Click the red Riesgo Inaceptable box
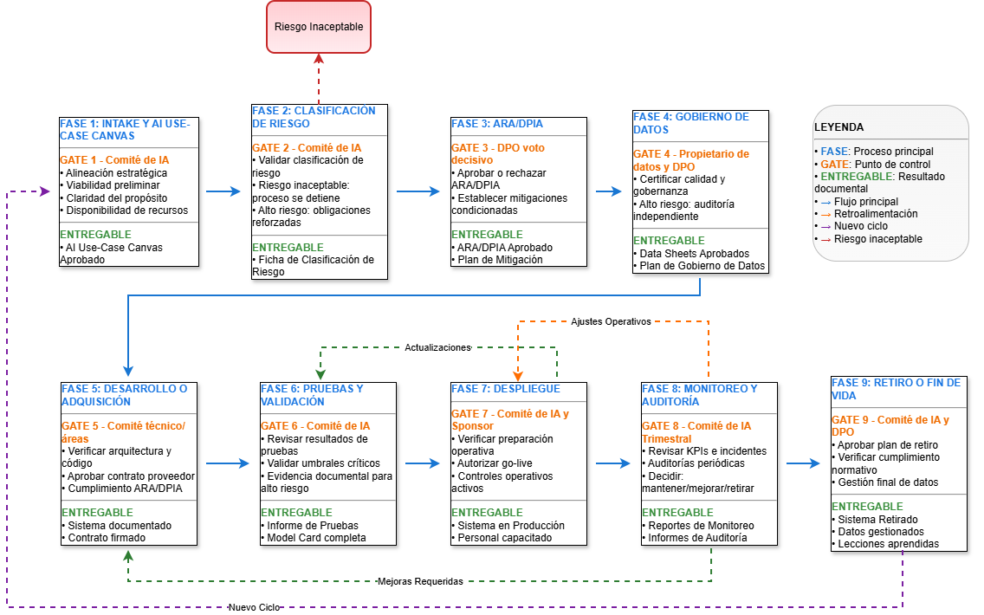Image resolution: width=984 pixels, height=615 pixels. [319, 27]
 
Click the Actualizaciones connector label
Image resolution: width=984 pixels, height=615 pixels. [437, 347]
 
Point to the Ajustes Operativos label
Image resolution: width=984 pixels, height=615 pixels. [611, 321]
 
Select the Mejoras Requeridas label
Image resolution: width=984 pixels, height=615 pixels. [420, 581]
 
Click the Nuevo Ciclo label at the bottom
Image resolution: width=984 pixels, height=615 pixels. [254, 607]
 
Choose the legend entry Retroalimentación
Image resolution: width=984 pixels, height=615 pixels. [876, 214]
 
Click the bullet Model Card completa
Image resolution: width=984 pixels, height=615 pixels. [316, 537]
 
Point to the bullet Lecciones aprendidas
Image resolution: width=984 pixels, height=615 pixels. [889, 544]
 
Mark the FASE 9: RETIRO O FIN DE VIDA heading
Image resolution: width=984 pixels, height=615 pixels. [896, 389]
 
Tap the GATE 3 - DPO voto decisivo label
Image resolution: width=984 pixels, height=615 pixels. [498, 153]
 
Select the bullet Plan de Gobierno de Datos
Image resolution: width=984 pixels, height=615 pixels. [702, 266]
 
